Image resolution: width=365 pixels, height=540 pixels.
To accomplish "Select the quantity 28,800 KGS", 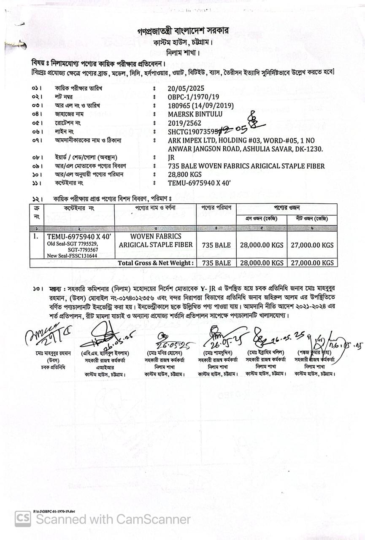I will (x=185, y=175).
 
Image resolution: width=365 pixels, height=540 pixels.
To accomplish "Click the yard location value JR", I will (x=171, y=157).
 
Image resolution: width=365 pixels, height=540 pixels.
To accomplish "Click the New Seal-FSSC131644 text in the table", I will (x=72, y=256).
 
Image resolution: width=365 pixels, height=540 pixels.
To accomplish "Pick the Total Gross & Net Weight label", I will (x=156, y=263).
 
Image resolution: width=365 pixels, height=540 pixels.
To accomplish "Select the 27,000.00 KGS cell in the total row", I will (x=312, y=263).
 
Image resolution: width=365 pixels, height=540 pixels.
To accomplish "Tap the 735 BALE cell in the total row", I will (x=216, y=263).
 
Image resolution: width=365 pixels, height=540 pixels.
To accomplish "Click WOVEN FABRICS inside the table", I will (x=155, y=236).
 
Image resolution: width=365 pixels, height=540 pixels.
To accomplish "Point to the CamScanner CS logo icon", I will (x=23, y=518).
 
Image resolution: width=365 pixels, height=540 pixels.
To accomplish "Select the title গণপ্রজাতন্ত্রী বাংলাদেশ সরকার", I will (x=185, y=32).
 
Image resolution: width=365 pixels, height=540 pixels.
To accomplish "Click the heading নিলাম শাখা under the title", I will (x=183, y=53).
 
